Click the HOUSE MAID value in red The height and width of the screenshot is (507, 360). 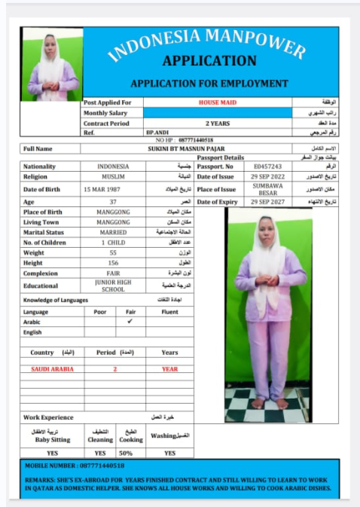(x=218, y=102)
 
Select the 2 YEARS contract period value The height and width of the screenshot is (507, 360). (x=218, y=123)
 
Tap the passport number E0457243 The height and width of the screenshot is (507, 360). (x=267, y=166)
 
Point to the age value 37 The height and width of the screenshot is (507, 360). (x=113, y=202)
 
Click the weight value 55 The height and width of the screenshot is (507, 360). (x=113, y=253)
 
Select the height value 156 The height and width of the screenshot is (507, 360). (x=113, y=263)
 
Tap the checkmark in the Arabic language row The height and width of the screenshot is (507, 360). (x=130, y=321)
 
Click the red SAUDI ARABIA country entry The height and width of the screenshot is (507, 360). (x=52, y=369)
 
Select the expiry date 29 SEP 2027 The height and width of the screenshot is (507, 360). (x=267, y=202)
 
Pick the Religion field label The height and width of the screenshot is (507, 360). (x=36, y=177)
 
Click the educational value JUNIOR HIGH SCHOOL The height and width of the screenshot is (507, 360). (x=113, y=286)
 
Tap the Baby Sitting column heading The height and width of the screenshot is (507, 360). (x=52, y=439)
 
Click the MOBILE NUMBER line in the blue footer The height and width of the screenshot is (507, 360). (x=75, y=466)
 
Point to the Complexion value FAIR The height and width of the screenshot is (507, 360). (x=113, y=273)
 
